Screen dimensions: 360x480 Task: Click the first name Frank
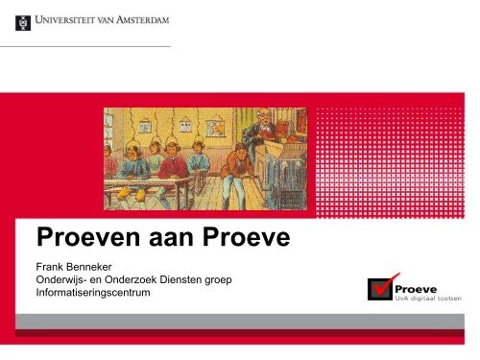coord(52,263)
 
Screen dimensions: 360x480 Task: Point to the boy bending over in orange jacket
coord(232,173)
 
